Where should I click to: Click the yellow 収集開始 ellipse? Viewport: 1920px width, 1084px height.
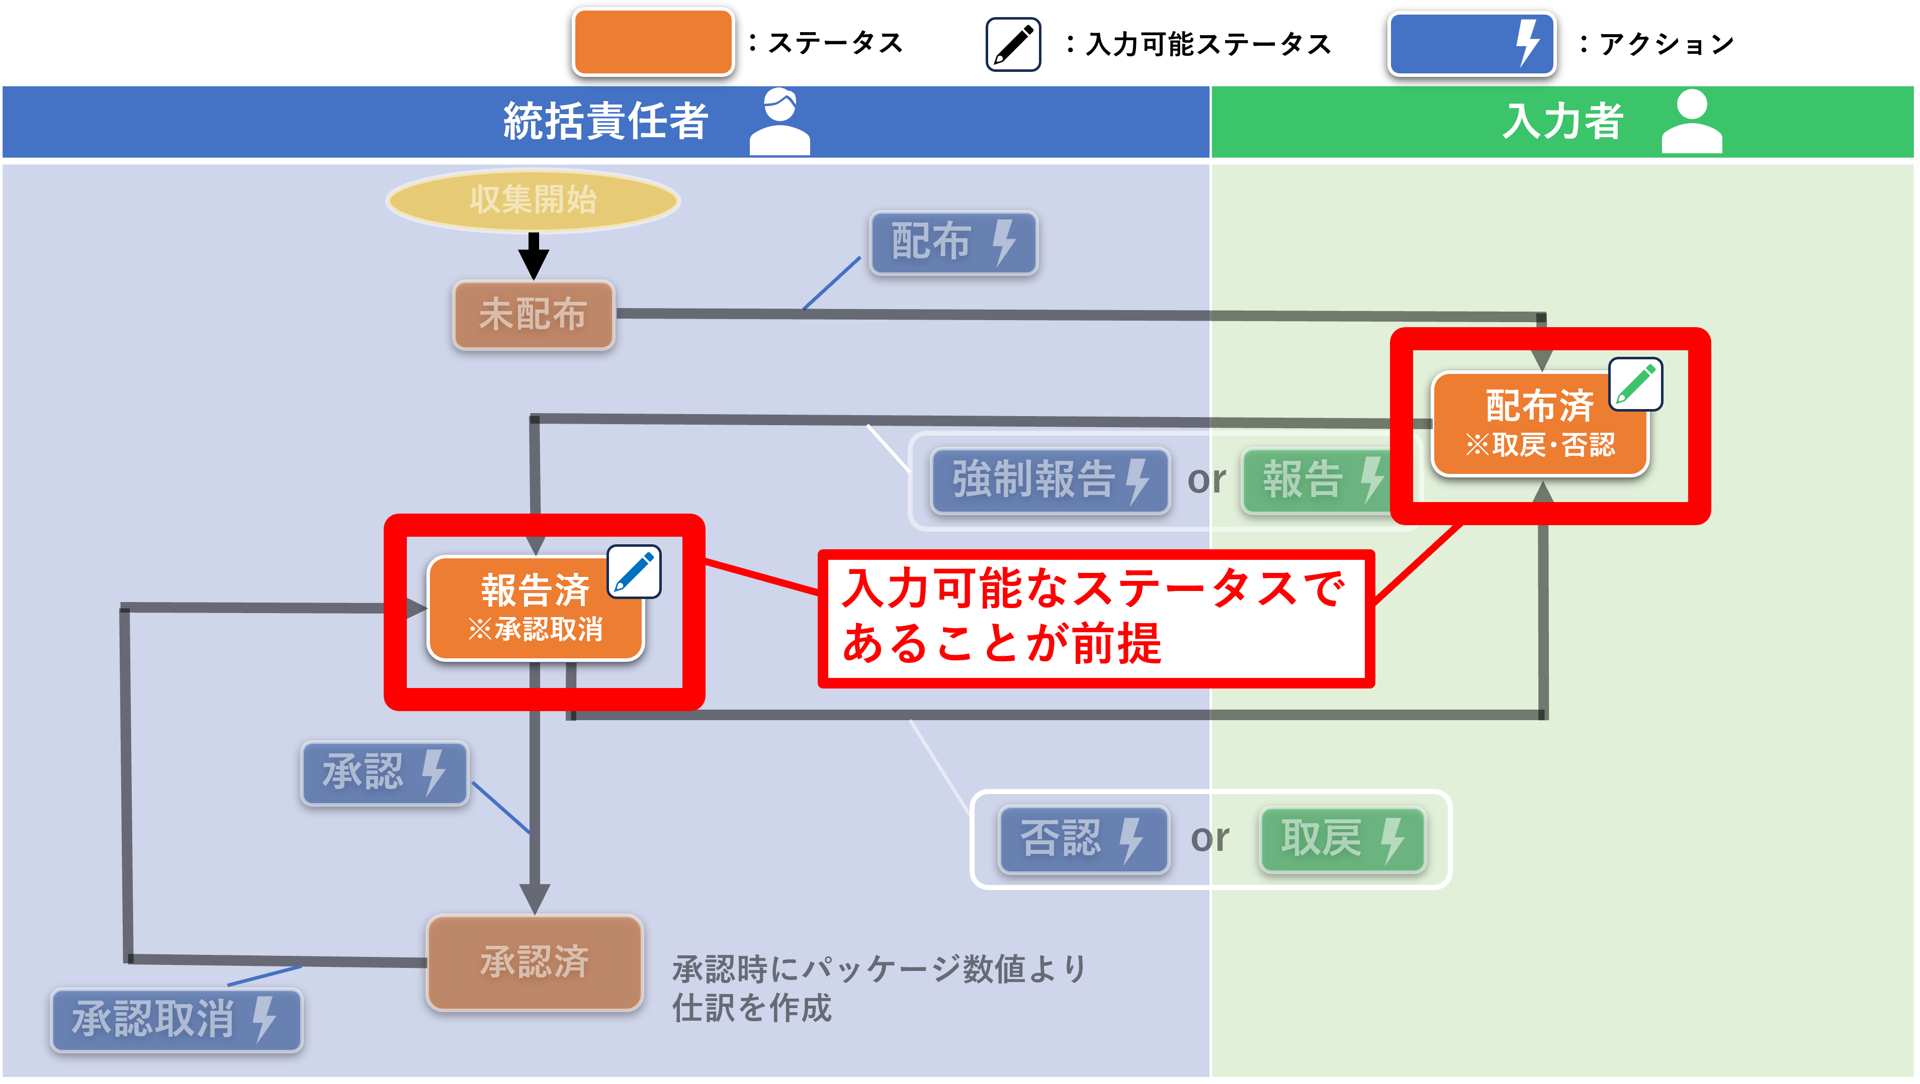coord(533,200)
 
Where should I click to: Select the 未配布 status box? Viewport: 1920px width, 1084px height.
coord(534,315)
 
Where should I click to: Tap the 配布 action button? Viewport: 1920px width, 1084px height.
coord(953,242)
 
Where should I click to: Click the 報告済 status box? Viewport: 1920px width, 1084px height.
coord(535,608)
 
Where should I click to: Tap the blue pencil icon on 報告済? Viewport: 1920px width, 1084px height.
coord(634,571)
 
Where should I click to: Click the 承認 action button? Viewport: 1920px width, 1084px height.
coord(385,772)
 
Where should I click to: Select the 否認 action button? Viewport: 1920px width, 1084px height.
coord(1084,839)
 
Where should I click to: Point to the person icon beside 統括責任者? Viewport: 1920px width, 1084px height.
coord(779,122)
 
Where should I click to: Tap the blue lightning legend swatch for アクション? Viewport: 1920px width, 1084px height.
coord(1471,43)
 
